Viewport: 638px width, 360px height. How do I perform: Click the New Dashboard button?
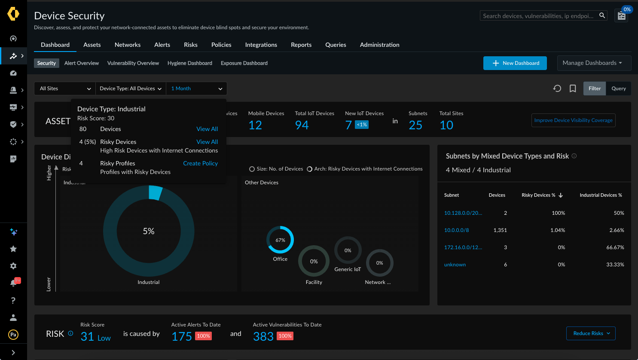515,63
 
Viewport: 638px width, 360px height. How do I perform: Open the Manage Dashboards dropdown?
594,63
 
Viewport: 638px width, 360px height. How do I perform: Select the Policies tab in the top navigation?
221,45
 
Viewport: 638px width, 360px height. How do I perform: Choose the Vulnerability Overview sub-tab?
133,63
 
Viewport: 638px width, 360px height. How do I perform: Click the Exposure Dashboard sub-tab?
244,63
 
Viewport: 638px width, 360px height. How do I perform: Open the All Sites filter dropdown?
65,88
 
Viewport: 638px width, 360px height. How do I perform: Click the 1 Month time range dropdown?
196,88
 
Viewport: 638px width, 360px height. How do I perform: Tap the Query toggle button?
618,88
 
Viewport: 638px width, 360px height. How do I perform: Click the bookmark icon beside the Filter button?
573,88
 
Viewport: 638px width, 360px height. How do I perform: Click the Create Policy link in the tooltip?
200,163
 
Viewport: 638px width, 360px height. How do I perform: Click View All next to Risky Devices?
207,142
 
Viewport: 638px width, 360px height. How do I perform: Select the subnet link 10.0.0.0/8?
456,230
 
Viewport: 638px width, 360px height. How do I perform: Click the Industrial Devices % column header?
601,195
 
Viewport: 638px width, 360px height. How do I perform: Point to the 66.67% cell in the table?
615,247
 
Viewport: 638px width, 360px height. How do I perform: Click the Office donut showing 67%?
280,240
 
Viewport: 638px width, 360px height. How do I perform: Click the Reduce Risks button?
591,333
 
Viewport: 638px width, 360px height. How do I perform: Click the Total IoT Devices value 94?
302,125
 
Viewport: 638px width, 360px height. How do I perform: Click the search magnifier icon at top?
602,15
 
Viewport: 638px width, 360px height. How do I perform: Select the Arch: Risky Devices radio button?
309,169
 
